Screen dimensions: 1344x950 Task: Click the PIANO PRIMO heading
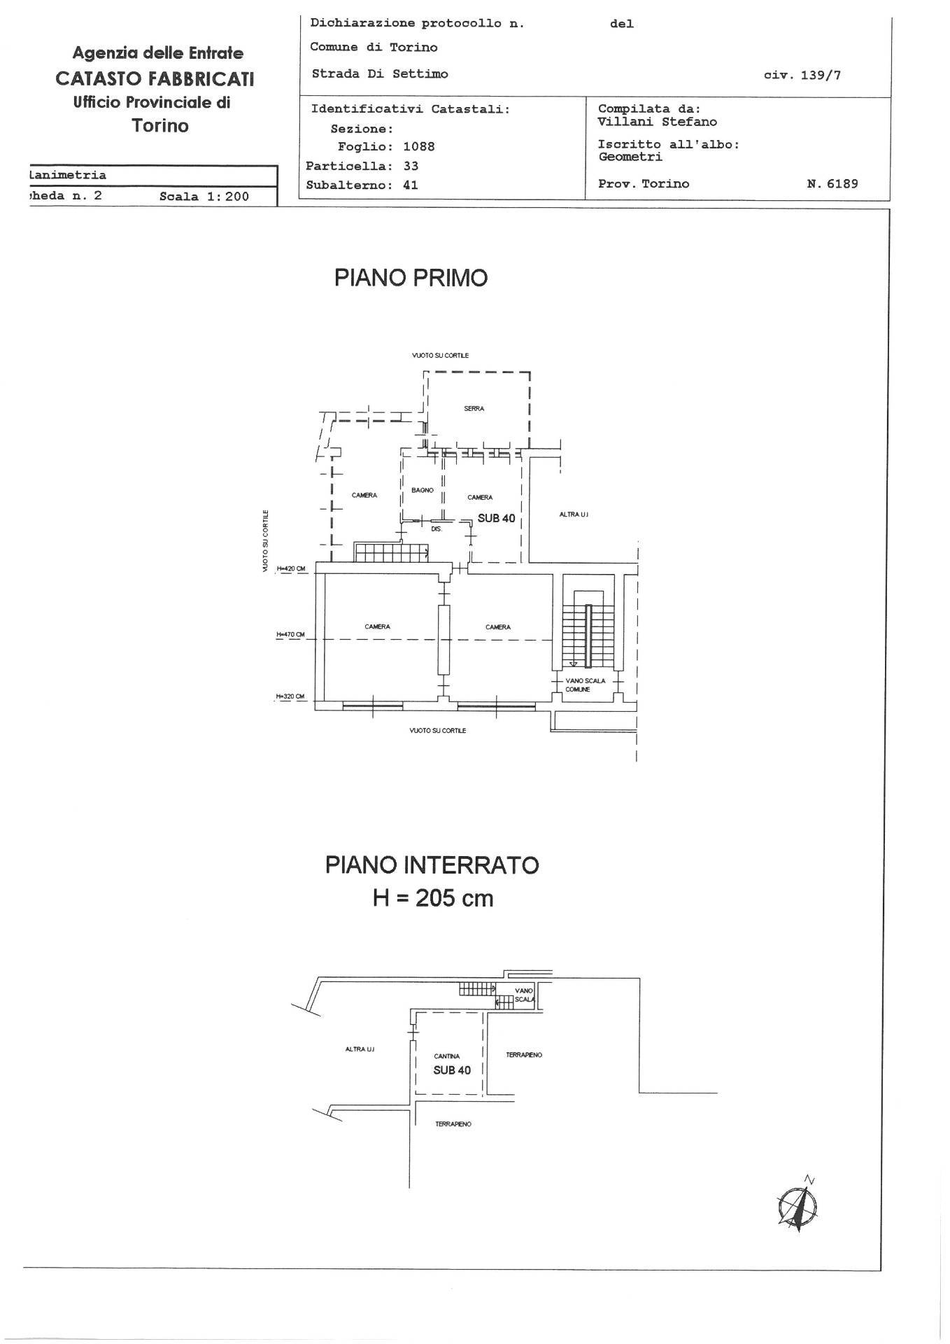click(411, 278)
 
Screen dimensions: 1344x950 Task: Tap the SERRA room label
click(474, 409)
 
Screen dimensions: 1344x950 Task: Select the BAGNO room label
click(422, 491)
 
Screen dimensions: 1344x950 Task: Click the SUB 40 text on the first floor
click(496, 518)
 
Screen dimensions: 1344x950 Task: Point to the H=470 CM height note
click(290, 635)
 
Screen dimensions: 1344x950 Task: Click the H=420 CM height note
click(291, 569)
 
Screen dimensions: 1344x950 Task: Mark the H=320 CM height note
click(290, 696)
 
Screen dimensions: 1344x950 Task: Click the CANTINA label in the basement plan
click(446, 1056)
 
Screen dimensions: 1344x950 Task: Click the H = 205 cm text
click(432, 898)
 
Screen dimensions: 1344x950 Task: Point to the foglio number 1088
click(418, 147)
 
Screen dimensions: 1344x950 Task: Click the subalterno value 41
click(411, 185)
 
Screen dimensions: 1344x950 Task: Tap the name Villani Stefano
click(657, 122)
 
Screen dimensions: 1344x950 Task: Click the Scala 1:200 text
click(204, 197)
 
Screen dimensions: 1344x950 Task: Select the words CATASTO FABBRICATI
click(155, 78)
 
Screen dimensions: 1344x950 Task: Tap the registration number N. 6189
click(832, 184)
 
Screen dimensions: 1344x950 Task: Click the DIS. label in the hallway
click(437, 530)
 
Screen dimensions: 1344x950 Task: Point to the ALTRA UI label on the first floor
click(574, 514)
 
